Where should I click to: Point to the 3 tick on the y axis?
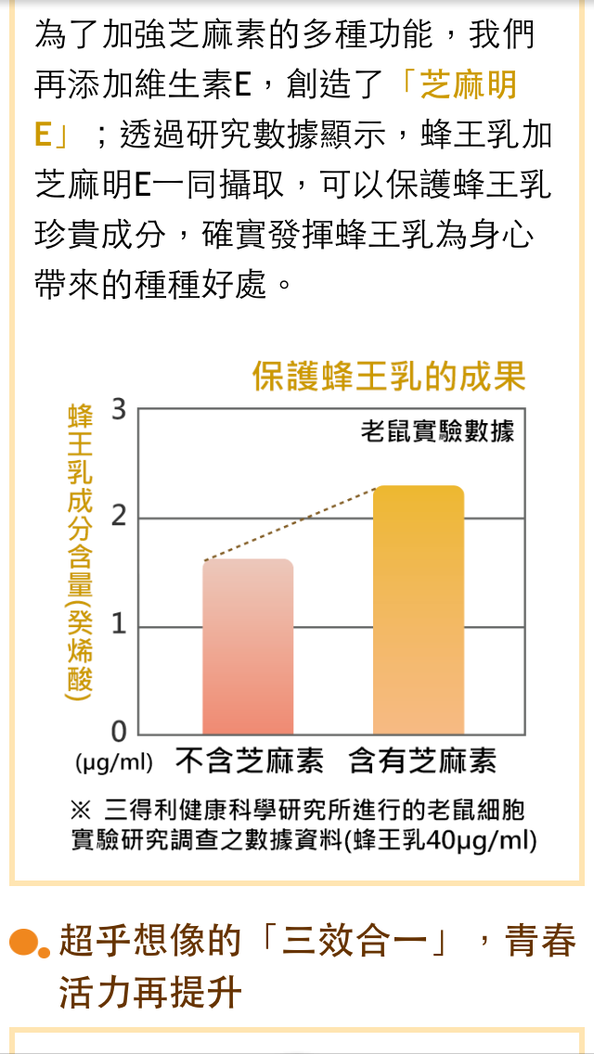point(118,409)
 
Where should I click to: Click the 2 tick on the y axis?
point(118,518)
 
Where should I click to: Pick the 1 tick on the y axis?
point(118,626)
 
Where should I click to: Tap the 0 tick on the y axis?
point(118,733)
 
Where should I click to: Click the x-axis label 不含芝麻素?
point(250,763)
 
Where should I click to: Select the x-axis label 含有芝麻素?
point(422,763)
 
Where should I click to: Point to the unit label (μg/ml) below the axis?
point(114,764)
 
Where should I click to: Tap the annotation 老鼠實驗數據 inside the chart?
point(437,431)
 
